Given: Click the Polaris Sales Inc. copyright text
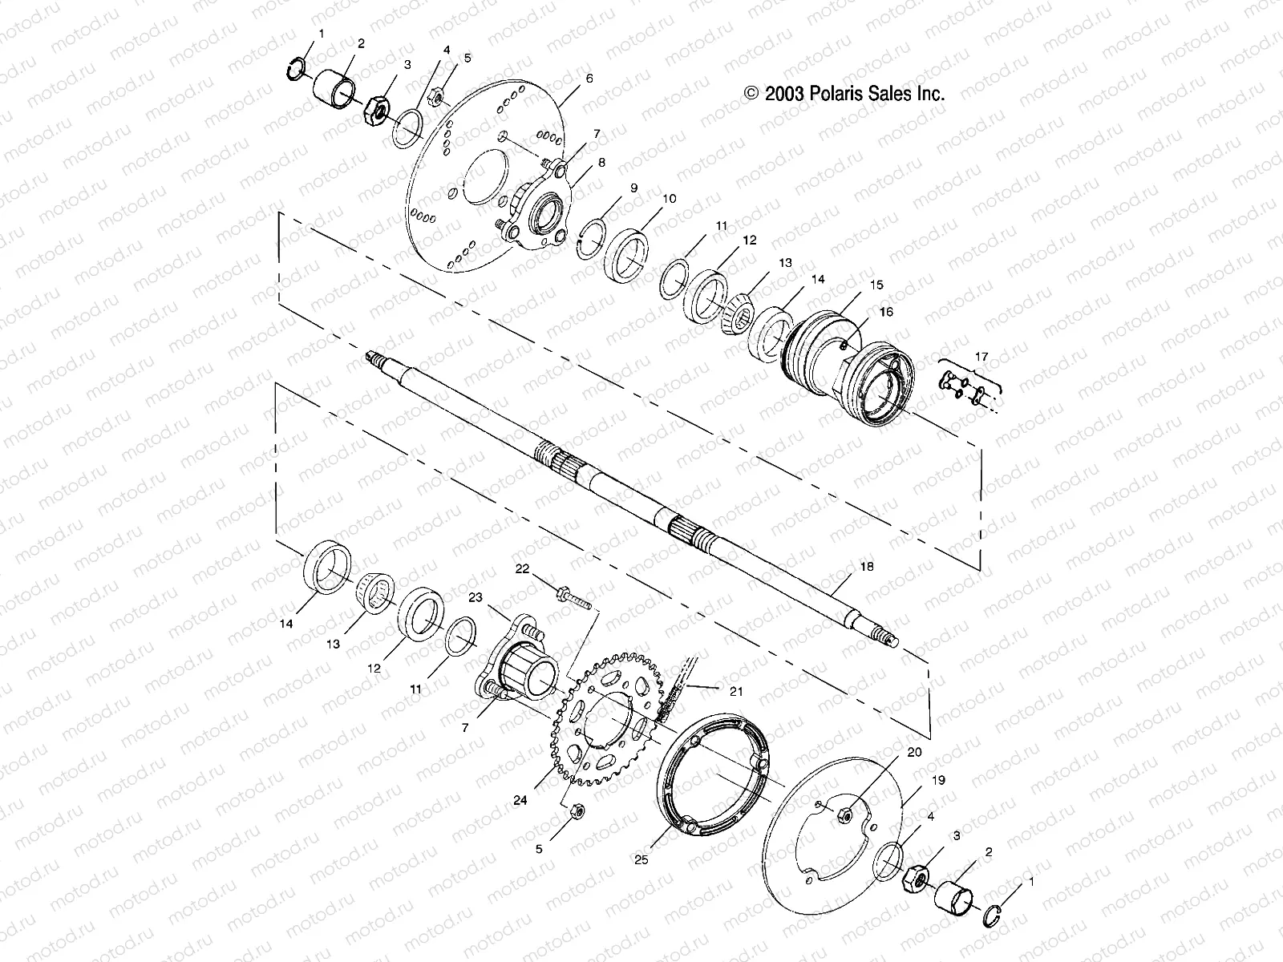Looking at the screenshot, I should [x=844, y=94].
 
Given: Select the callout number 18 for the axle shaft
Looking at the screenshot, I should [x=866, y=567].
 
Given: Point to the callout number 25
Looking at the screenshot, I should [x=641, y=860].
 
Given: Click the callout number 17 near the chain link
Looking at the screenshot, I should [x=981, y=356].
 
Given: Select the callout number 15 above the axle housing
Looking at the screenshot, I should [x=876, y=285].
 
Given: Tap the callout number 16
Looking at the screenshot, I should [x=886, y=312].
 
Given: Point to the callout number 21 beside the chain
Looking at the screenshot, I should [x=737, y=691].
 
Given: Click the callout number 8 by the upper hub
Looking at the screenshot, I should [x=601, y=162].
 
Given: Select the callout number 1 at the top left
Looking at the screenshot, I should [x=322, y=34].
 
